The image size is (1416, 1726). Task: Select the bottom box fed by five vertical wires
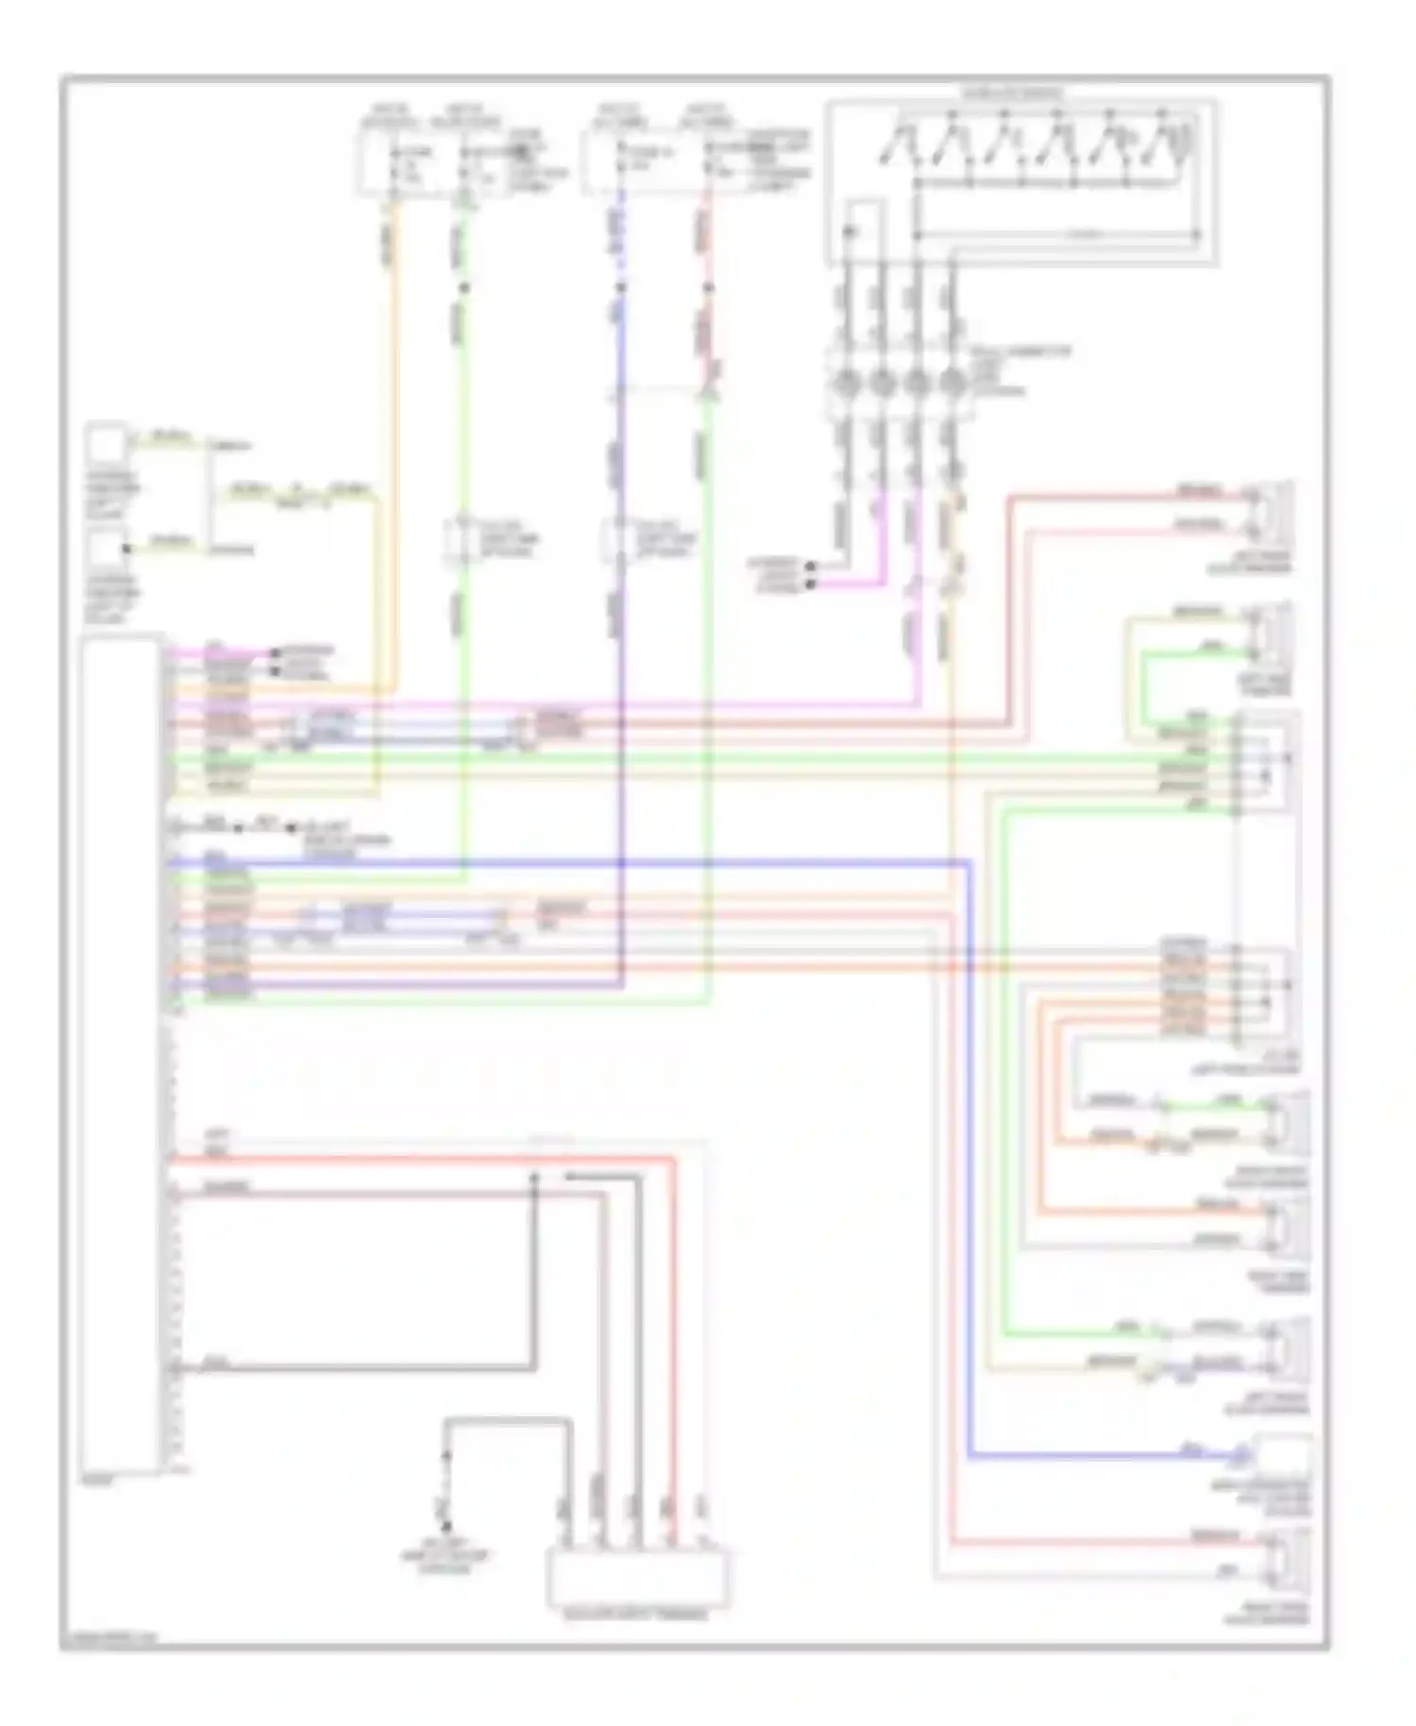click(x=638, y=1578)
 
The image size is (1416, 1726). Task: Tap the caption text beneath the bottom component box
click(x=637, y=1616)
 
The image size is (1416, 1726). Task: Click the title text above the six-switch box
click(x=1011, y=93)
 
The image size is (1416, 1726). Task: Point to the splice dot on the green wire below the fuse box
click(x=463, y=287)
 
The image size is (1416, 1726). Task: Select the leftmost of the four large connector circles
click(x=845, y=382)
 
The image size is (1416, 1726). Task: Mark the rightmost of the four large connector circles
click(x=952, y=382)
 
